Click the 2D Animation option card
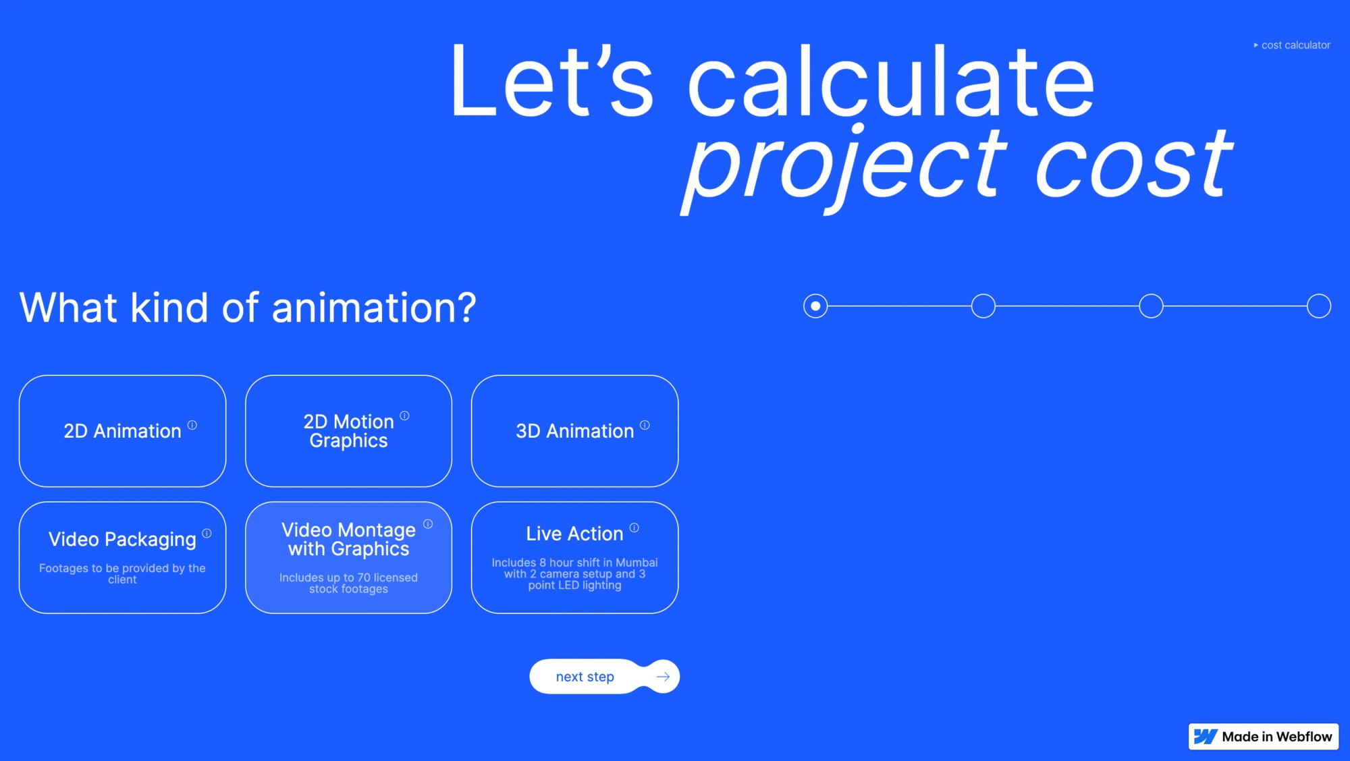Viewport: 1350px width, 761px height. pyautogui.click(x=122, y=431)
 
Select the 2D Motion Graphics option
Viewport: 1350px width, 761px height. pyautogui.click(x=348, y=431)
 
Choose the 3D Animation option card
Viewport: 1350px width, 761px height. pyautogui.click(x=574, y=431)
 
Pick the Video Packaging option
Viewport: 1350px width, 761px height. pyautogui.click(x=122, y=557)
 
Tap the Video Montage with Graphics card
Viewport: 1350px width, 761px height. pyautogui.click(x=348, y=557)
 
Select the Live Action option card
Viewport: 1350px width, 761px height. pyautogui.click(x=574, y=557)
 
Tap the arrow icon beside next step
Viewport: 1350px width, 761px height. pyautogui.click(x=663, y=676)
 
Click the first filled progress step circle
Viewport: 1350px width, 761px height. pyautogui.click(x=815, y=306)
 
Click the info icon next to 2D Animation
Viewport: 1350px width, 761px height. pyautogui.click(x=192, y=425)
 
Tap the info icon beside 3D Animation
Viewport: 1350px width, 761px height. pyautogui.click(x=645, y=425)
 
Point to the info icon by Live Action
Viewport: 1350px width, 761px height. pyautogui.click(x=634, y=528)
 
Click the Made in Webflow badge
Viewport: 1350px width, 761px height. pyautogui.click(x=1263, y=736)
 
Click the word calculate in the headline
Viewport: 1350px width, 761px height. pyautogui.click(x=891, y=81)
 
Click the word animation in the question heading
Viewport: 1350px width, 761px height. pyautogui.click(x=375, y=308)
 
